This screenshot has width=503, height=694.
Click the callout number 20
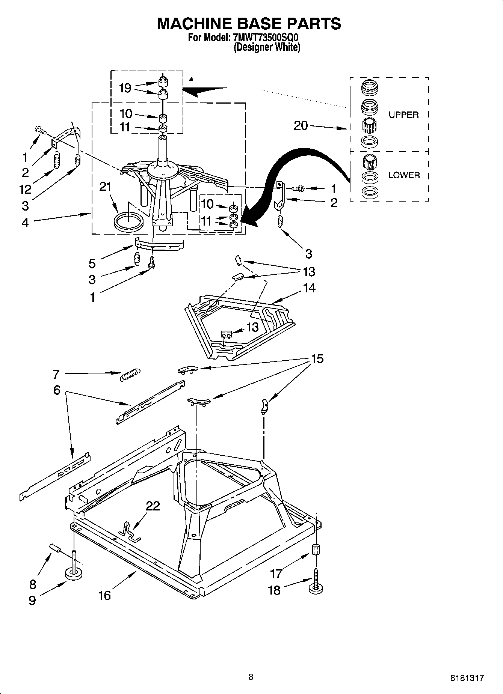[301, 126]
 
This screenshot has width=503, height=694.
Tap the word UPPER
[403, 115]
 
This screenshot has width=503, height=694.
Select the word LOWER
[404, 175]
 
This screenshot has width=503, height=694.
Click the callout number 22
[153, 506]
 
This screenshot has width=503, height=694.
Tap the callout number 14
[310, 288]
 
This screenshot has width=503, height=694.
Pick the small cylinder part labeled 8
[55, 549]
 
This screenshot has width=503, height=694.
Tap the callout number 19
[125, 88]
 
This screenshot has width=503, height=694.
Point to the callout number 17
[276, 574]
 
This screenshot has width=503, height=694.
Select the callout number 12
[25, 190]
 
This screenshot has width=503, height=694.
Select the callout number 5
[92, 264]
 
